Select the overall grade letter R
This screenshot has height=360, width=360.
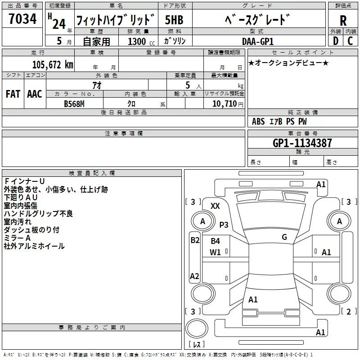pos(343,21)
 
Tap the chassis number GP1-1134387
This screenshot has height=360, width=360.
pos(302,143)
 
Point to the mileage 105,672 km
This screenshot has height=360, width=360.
pos(53,65)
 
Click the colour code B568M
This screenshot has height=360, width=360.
pos(75,103)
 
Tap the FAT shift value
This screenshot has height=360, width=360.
pos(13,94)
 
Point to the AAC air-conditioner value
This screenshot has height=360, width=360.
pos(35,94)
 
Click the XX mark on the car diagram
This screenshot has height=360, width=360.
pos(216,206)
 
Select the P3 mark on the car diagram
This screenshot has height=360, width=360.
pos(224,225)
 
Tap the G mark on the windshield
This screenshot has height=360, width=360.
pos(284,237)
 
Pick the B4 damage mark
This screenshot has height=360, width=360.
pos(216,241)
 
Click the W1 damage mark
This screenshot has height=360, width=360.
pos(216,252)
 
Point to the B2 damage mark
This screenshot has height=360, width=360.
pos(194,240)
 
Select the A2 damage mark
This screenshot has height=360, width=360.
pos(194,276)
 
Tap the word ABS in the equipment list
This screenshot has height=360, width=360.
pos(258,121)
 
